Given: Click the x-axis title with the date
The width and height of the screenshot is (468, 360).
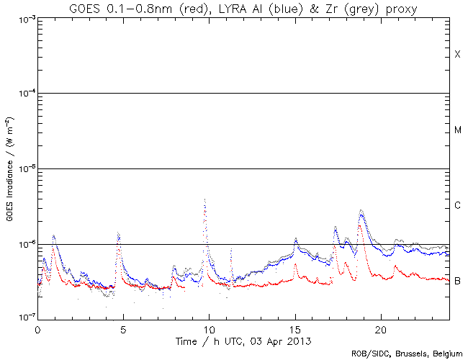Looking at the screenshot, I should (243, 339).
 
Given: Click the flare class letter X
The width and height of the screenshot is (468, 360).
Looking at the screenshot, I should (457, 55).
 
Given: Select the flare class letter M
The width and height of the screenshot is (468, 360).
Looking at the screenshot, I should (457, 130).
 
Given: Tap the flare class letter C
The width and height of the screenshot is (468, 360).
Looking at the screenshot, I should (457, 206).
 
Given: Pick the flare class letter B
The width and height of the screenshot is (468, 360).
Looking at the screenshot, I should (457, 281).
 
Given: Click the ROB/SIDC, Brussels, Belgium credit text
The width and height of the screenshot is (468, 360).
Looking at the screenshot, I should (407, 354).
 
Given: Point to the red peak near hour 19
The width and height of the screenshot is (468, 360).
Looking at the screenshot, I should (359, 225).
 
